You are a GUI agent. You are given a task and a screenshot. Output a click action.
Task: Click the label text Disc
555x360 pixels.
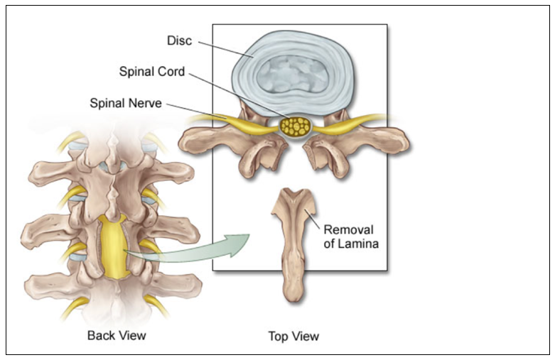(180, 41)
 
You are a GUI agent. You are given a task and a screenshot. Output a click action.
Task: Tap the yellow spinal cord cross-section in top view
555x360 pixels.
(295, 127)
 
